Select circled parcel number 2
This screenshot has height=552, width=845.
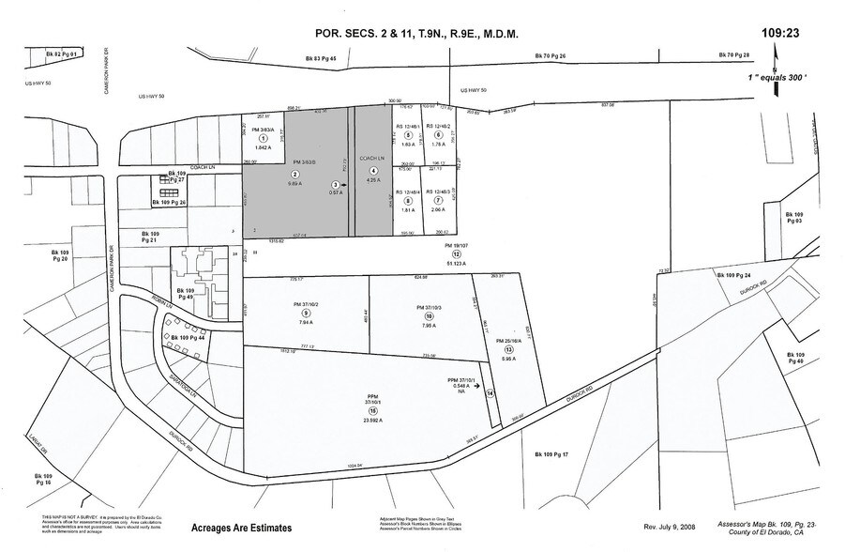click(x=295, y=175)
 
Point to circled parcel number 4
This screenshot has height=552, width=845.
click(x=373, y=170)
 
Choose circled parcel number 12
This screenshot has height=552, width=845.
click(x=457, y=254)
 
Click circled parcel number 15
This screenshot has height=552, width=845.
click(x=372, y=410)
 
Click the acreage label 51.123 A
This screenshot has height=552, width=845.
click(x=457, y=264)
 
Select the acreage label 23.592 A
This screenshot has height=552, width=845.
click(x=372, y=420)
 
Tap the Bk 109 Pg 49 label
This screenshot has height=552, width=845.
click(x=189, y=297)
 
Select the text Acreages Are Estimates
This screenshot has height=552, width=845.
click(x=241, y=529)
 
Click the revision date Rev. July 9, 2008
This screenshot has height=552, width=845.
click(x=671, y=528)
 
